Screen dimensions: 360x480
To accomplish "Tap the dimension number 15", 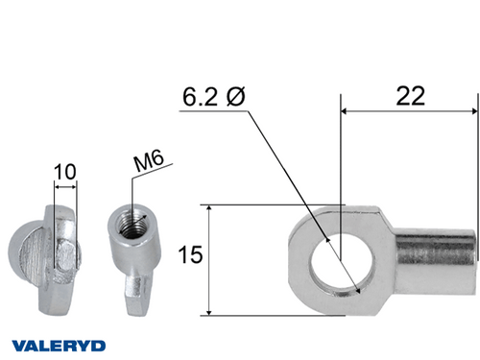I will (x=191, y=254).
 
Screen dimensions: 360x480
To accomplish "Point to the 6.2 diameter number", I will (x=200, y=98).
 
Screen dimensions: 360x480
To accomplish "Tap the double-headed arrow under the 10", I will (x=65, y=188).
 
